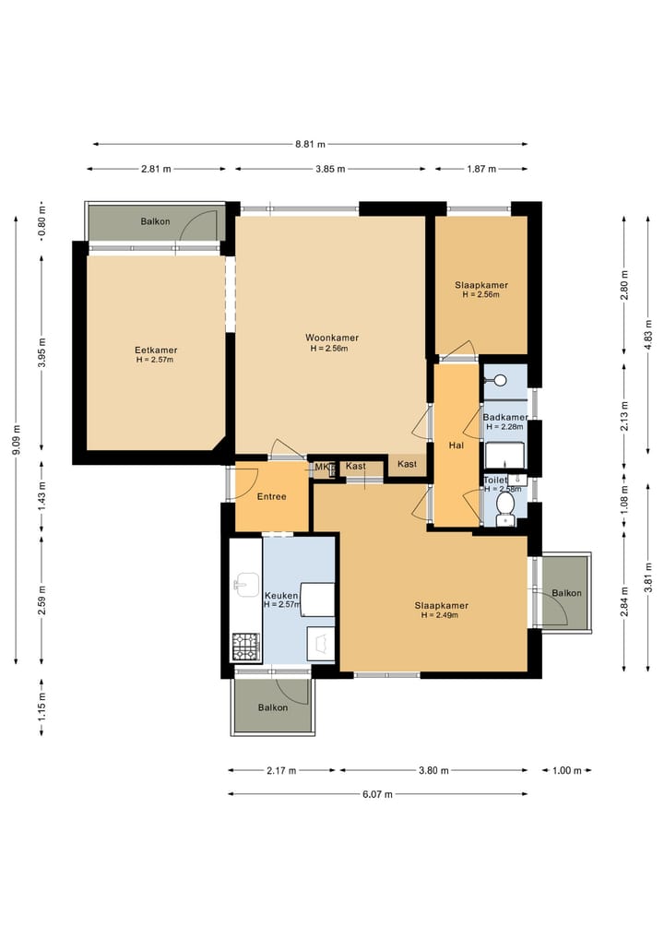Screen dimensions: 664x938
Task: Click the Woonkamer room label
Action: point(332,338)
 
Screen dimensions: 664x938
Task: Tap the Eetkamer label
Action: point(156,350)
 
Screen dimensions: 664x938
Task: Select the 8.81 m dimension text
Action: point(311,144)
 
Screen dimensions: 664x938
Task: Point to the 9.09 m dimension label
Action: point(17,440)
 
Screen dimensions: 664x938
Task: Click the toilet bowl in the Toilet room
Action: point(506,506)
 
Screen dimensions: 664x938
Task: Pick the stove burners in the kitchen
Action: point(246,647)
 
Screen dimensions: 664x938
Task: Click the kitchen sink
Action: point(246,584)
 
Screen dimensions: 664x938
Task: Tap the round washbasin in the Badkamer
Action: point(500,380)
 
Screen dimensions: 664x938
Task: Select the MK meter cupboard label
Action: point(322,468)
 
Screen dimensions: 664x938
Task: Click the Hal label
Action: point(456,445)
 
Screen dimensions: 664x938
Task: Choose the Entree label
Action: point(271,496)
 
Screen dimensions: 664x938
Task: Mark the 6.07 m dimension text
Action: point(378,794)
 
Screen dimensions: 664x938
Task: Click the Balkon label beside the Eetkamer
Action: point(156,221)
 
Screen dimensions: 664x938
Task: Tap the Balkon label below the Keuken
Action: point(273,707)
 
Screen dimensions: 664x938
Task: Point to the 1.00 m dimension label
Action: point(566,770)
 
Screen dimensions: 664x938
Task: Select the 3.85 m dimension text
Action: point(330,169)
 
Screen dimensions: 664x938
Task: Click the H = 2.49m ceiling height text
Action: point(440,615)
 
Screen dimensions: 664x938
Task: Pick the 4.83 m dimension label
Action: point(647,335)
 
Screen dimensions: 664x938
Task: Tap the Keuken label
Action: point(281,596)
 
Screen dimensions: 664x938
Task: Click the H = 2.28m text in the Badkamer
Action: point(504,427)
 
